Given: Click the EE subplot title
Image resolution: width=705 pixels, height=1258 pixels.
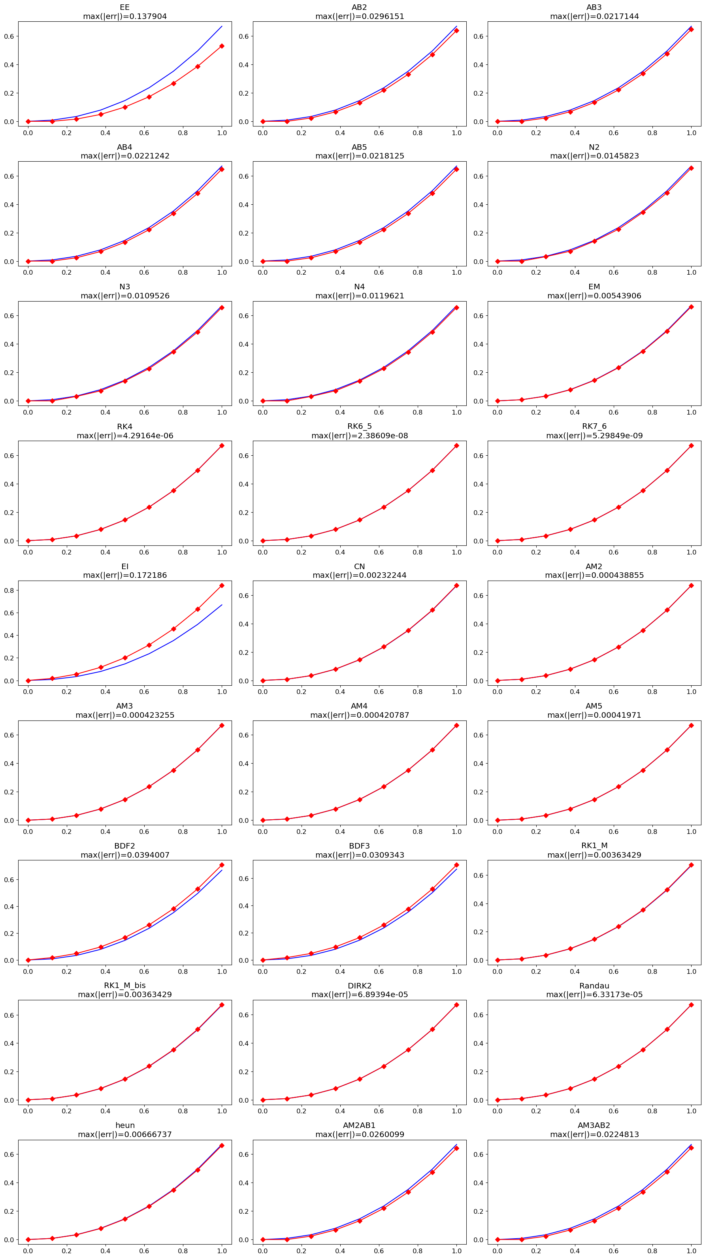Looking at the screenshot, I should [124, 8].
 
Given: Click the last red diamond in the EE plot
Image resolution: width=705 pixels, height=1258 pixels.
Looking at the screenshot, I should [222, 46].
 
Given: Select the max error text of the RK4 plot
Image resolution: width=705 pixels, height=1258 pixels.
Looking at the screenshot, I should [124, 435].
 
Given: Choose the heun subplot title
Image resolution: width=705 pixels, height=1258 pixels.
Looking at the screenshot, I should [124, 1125].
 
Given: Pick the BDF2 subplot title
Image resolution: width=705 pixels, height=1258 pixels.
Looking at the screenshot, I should [124, 846].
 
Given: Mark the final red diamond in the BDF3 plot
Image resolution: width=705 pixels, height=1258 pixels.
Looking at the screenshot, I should [456, 865].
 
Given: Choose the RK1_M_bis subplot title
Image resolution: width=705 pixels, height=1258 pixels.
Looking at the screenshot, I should [124, 986].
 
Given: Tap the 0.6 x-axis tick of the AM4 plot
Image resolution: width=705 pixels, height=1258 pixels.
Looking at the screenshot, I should [379, 831].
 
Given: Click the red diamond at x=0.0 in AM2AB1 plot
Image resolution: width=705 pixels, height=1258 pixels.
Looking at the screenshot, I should [263, 1239].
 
